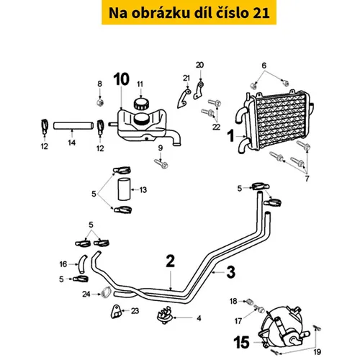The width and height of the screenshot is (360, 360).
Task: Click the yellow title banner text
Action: pyautogui.click(x=189, y=13)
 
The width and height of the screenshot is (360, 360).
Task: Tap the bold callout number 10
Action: pyautogui.click(x=122, y=79)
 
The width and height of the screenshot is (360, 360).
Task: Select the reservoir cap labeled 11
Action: pyautogui.click(x=141, y=104)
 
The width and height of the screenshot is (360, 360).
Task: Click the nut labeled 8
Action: pyautogui.click(x=100, y=102)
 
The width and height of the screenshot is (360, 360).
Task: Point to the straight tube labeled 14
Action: pyautogui.click(x=73, y=126)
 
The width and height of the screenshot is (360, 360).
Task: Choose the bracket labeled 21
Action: pyautogui.click(x=184, y=99)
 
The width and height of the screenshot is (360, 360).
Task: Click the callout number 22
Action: pyautogui.click(x=216, y=127)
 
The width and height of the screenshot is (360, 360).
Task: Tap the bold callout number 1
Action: pyautogui.click(x=231, y=135)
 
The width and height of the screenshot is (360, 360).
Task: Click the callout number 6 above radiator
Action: pyautogui.click(x=264, y=66)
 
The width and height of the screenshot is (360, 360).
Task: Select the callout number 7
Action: pyautogui.click(x=307, y=179)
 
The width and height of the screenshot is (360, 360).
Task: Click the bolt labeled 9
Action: pyautogui.click(x=161, y=163)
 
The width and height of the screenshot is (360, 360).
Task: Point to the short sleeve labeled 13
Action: pyautogui.click(x=124, y=189)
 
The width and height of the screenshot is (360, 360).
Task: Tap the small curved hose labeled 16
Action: pyautogui.click(x=82, y=264)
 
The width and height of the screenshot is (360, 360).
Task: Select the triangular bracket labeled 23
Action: pyautogui.click(x=116, y=312)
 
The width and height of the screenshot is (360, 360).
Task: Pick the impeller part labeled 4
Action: pyautogui.click(x=164, y=315)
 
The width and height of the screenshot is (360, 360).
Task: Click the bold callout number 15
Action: pyautogui.click(x=241, y=342)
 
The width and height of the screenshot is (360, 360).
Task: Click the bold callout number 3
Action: pyautogui.click(x=231, y=272)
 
